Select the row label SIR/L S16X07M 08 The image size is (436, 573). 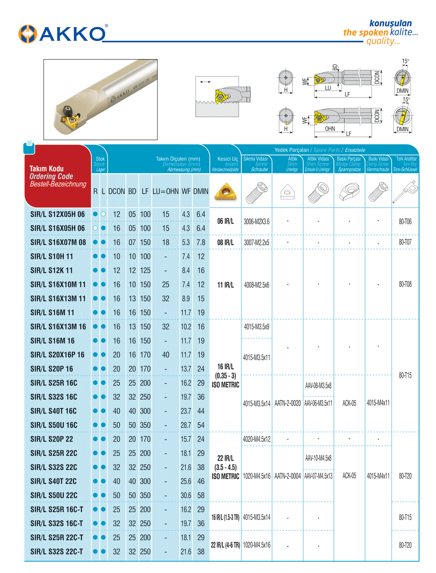click(x=58, y=242)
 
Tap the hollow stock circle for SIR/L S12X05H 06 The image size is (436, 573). click(x=103, y=214)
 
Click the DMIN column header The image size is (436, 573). click(x=201, y=191)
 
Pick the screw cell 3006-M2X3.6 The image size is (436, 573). click(x=256, y=222)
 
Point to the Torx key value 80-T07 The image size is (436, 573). click(x=405, y=242)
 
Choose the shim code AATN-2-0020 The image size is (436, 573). click(x=288, y=403)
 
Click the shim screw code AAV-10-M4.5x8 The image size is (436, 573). click(x=318, y=458)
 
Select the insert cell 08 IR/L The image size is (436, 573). click(x=225, y=242)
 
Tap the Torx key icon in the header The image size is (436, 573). click(x=405, y=192)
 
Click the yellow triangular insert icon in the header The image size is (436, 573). click(x=225, y=191)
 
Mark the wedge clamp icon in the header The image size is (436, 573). click(x=349, y=191)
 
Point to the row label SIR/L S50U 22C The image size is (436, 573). click(x=54, y=496)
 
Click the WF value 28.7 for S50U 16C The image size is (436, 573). click(x=186, y=425)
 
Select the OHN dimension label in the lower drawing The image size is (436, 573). click(x=330, y=129)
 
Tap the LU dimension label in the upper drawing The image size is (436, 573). click(x=328, y=88)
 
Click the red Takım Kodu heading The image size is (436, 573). click(x=47, y=169)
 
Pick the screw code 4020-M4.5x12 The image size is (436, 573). click(x=256, y=439)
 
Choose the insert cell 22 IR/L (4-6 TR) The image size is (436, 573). click(x=225, y=545)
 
